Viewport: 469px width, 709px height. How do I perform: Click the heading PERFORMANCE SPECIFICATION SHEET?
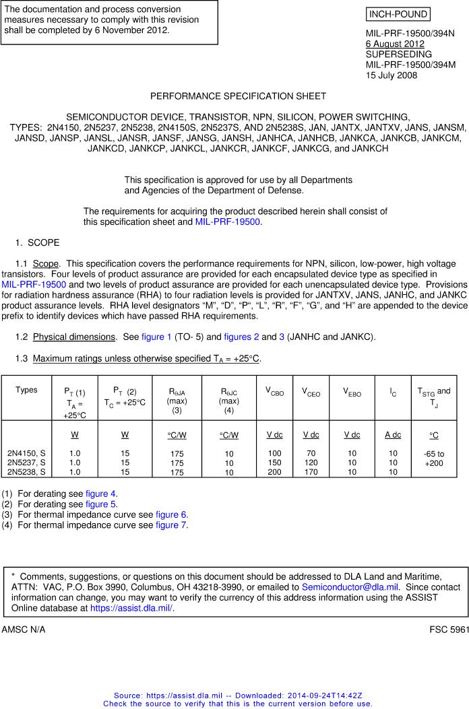click(238, 96)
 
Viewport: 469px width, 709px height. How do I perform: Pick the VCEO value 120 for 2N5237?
click(311, 463)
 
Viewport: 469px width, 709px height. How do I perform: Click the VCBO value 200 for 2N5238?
click(274, 472)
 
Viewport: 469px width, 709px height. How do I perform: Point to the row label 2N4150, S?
click(26, 454)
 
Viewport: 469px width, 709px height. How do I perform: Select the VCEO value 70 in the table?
click(311, 454)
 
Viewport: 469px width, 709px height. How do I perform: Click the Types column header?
click(26, 390)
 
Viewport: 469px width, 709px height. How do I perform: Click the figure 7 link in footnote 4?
click(172, 525)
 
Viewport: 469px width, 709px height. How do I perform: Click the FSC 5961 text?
click(449, 629)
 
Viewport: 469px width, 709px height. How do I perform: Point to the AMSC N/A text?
click(24, 629)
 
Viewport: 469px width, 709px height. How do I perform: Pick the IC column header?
click(392, 391)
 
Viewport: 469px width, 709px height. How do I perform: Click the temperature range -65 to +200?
click(434, 459)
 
